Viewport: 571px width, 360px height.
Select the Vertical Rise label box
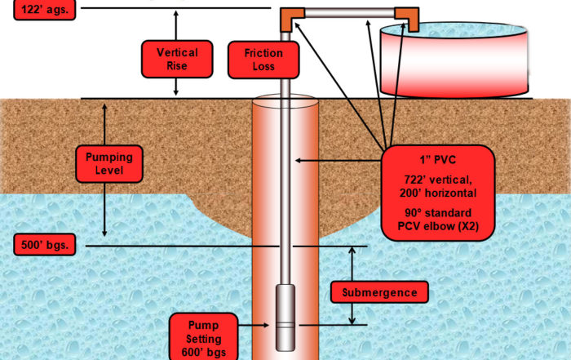[x=176, y=59]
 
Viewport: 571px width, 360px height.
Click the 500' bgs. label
[x=45, y=244]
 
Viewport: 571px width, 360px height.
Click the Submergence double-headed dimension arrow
[x=352, y=286]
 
